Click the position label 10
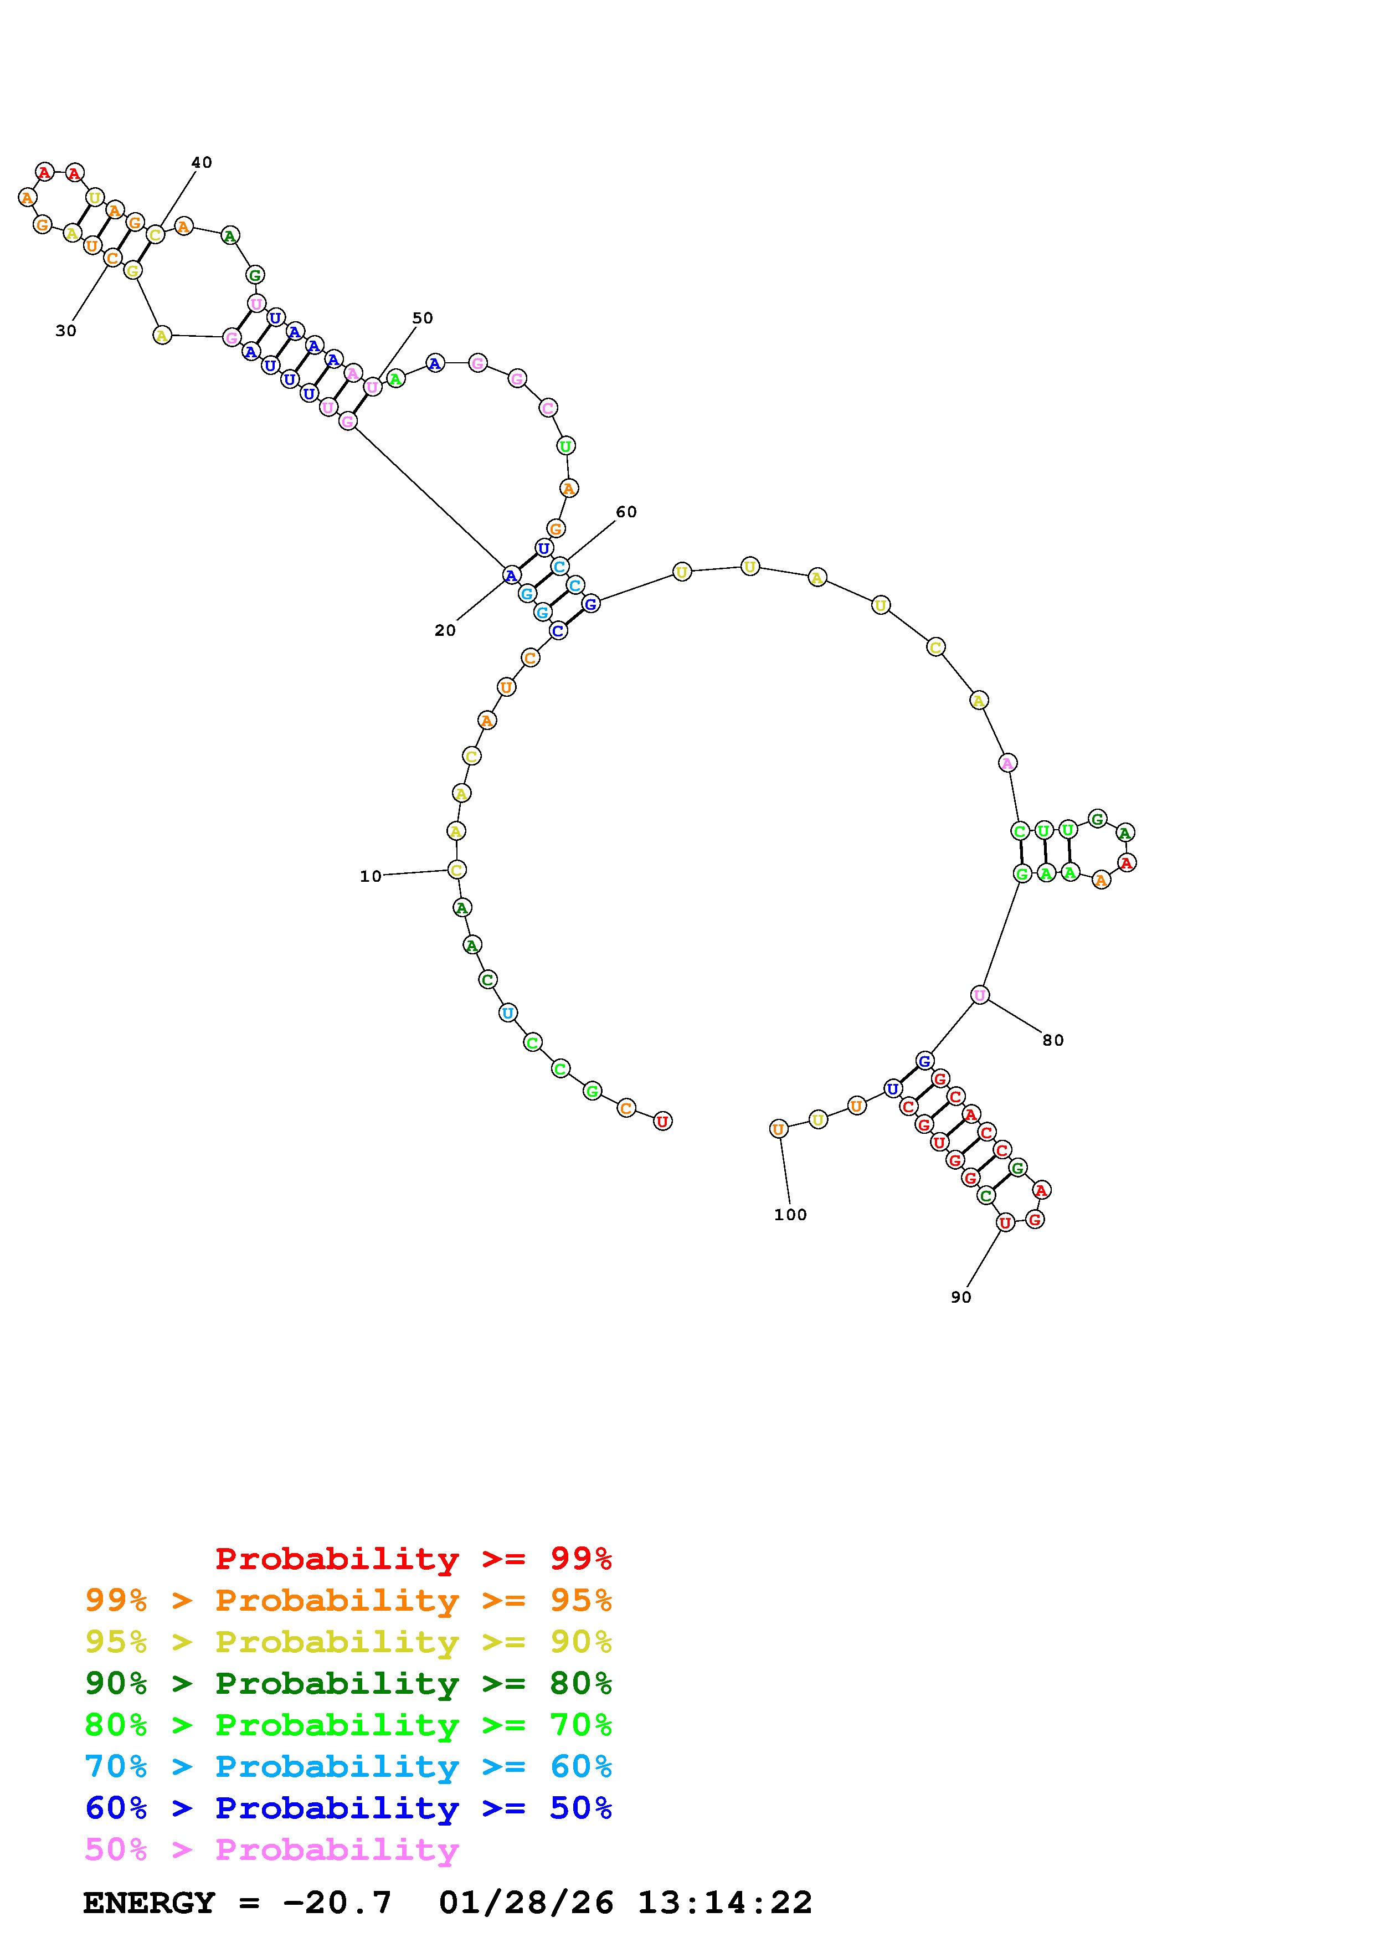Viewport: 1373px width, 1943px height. click(371, 877)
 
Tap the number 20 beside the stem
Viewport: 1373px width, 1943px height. click(445, 630)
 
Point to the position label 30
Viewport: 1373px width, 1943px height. click(66, 331)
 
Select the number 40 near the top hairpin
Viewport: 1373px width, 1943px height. click(202, 162)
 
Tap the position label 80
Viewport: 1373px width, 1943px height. click(1053, 1040)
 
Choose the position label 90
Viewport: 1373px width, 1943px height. click(961, 1297)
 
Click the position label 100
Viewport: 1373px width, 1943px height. click(790, 1214)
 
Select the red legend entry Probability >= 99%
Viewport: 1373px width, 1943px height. click(414, 1558)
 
